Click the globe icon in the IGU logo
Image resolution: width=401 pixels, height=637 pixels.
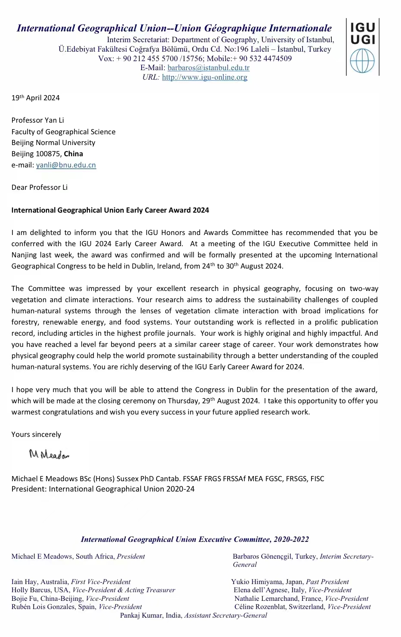362,61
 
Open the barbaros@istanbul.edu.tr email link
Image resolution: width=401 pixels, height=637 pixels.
208,68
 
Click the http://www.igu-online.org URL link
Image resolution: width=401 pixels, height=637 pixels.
204,77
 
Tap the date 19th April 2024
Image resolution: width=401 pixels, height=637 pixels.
35,98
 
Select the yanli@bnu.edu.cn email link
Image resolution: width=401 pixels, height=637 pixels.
66,165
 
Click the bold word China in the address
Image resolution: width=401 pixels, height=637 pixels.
73,154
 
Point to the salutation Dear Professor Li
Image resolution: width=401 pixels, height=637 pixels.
39,188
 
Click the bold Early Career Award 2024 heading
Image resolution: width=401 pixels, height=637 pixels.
110,210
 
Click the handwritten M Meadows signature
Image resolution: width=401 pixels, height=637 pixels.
49,454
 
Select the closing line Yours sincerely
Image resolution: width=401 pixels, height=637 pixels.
36,435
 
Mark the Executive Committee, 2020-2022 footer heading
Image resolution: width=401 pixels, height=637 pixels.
194,540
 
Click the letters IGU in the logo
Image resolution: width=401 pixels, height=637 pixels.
363,28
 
